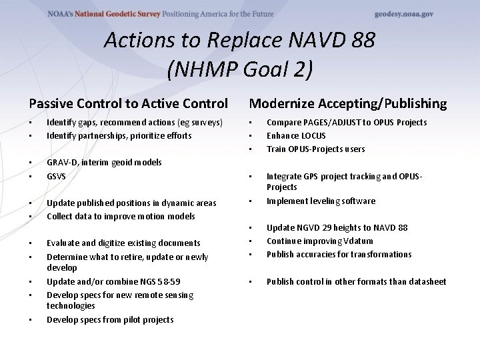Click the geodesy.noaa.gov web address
coord(404,14)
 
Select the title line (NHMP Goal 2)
coord(239,69)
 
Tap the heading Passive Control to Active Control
coord(128,103)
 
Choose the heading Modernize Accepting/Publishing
coord(347,103)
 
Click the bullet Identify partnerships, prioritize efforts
coord(119,136)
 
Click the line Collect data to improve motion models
coord(121,217)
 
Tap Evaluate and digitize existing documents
coord(123,243)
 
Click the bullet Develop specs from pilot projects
coord(110,320)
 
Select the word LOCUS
coord(312,136)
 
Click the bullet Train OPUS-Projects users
coord(315,149)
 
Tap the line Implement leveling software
coord(321,201)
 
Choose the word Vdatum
coord(358,241)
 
